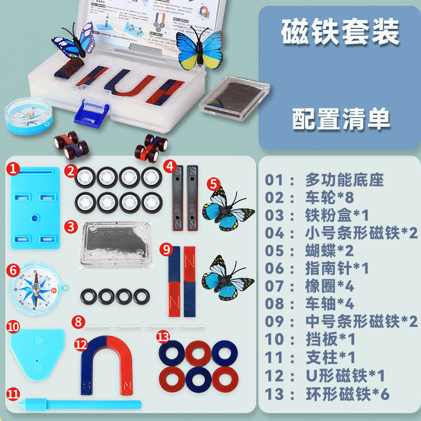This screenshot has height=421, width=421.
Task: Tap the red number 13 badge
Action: (x=163, y=335)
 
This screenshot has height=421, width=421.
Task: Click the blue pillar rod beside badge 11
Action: (x=79, y=404)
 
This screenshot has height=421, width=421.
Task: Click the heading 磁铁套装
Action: (x=340, y=33)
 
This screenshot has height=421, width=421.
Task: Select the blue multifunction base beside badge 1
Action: (x=35, y=207)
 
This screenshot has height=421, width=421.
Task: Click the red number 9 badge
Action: (x=166, y=248)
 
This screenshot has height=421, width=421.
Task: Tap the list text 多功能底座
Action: (x=344, y=180)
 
